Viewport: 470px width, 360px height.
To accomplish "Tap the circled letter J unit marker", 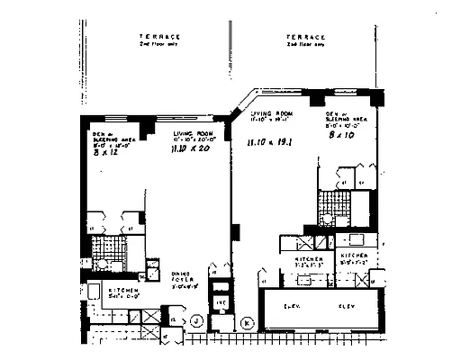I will click(x=198, y=321).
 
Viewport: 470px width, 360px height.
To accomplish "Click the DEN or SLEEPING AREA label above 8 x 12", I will click(x=104, y=139).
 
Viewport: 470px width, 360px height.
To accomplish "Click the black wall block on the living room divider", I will click(x=235, y=231).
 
